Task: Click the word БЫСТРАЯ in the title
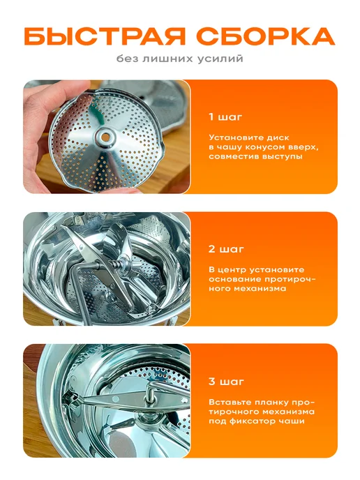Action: coord(105,36)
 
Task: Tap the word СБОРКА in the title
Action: coord(265,36)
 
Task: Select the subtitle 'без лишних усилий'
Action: coord(180,59)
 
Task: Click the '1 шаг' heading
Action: coord(225,117)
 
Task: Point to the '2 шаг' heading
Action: coord(226,249)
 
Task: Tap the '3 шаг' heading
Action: coord(226,382)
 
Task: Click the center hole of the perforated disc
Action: coord(105,137)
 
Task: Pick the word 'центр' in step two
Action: coord(232,270)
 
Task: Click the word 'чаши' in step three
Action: coord(292,421)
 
